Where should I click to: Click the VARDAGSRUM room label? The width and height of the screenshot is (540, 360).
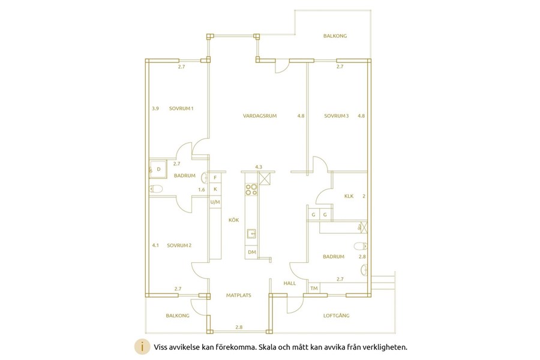[260, 116]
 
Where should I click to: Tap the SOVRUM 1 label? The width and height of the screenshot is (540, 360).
[181, 109]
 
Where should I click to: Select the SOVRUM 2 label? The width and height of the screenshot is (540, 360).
[179, 245]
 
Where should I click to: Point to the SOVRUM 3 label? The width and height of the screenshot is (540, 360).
[336, 116]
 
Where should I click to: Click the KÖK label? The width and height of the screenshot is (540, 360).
[234, 220]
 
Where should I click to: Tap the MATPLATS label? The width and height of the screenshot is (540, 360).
[239, 295]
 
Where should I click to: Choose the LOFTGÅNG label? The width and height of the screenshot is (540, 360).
[336, 315]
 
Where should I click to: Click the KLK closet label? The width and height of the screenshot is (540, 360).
[349, 196]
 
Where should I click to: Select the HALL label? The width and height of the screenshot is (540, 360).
[290, 283]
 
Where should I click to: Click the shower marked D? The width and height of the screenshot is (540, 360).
[158, 169]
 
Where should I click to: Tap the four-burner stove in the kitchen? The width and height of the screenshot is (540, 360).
[251, 190]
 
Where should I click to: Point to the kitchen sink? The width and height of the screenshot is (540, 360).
[251, 234]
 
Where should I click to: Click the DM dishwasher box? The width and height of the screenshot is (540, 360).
[252, 252]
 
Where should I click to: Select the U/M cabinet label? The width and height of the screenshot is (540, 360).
[215, 202]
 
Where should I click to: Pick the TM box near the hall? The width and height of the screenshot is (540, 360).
[314, 289]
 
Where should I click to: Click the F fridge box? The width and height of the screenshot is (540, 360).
[215, 178]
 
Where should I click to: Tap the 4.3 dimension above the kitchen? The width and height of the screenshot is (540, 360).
[259, 167]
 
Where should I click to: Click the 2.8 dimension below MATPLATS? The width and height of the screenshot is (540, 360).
[239, 327]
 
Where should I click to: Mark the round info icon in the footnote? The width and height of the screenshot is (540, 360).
[142, 347]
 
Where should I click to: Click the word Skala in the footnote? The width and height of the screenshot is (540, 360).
[269, 347]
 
